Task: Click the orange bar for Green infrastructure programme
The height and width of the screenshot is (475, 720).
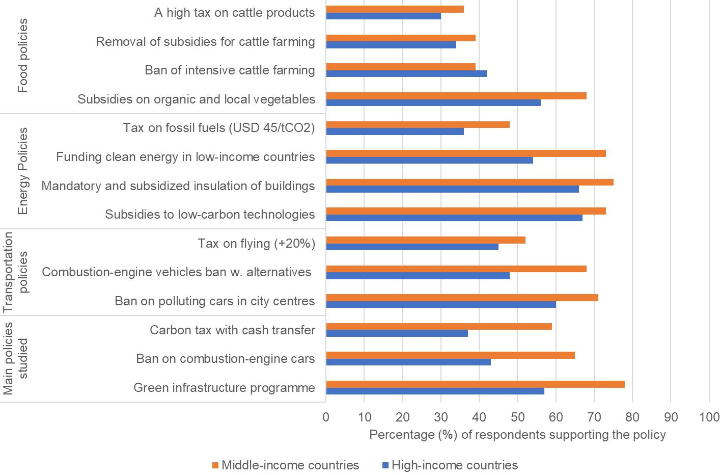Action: coord(475,384)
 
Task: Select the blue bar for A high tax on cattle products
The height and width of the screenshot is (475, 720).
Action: coord(383,16)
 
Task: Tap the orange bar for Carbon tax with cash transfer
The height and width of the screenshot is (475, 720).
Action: coord(439,327)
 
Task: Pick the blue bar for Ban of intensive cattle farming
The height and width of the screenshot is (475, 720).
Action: coord(406,73)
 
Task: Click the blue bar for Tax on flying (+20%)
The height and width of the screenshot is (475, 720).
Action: coord(412,247)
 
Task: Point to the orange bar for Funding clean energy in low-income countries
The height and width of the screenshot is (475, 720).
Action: coord(466,153)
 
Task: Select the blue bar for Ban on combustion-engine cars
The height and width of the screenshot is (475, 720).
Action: coord(408,362)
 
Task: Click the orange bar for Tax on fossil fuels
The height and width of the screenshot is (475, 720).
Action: coord(418,125)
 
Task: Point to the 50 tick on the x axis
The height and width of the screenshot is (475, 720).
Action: coord(517,417)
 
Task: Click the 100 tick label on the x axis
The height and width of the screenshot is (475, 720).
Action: coord(709,417)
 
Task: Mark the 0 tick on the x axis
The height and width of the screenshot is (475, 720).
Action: coord(326,417)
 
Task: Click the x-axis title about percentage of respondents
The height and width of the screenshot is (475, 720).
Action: coord(517,435)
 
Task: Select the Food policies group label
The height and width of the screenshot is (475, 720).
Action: coord(23,56)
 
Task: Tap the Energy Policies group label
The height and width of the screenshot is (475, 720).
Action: coord(23,171)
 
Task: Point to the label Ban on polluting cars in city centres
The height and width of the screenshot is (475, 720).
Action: coord(214,301)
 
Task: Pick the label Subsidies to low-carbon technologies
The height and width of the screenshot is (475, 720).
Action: coord(210,215)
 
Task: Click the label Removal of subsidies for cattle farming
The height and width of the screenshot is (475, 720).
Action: coord(205,42)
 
